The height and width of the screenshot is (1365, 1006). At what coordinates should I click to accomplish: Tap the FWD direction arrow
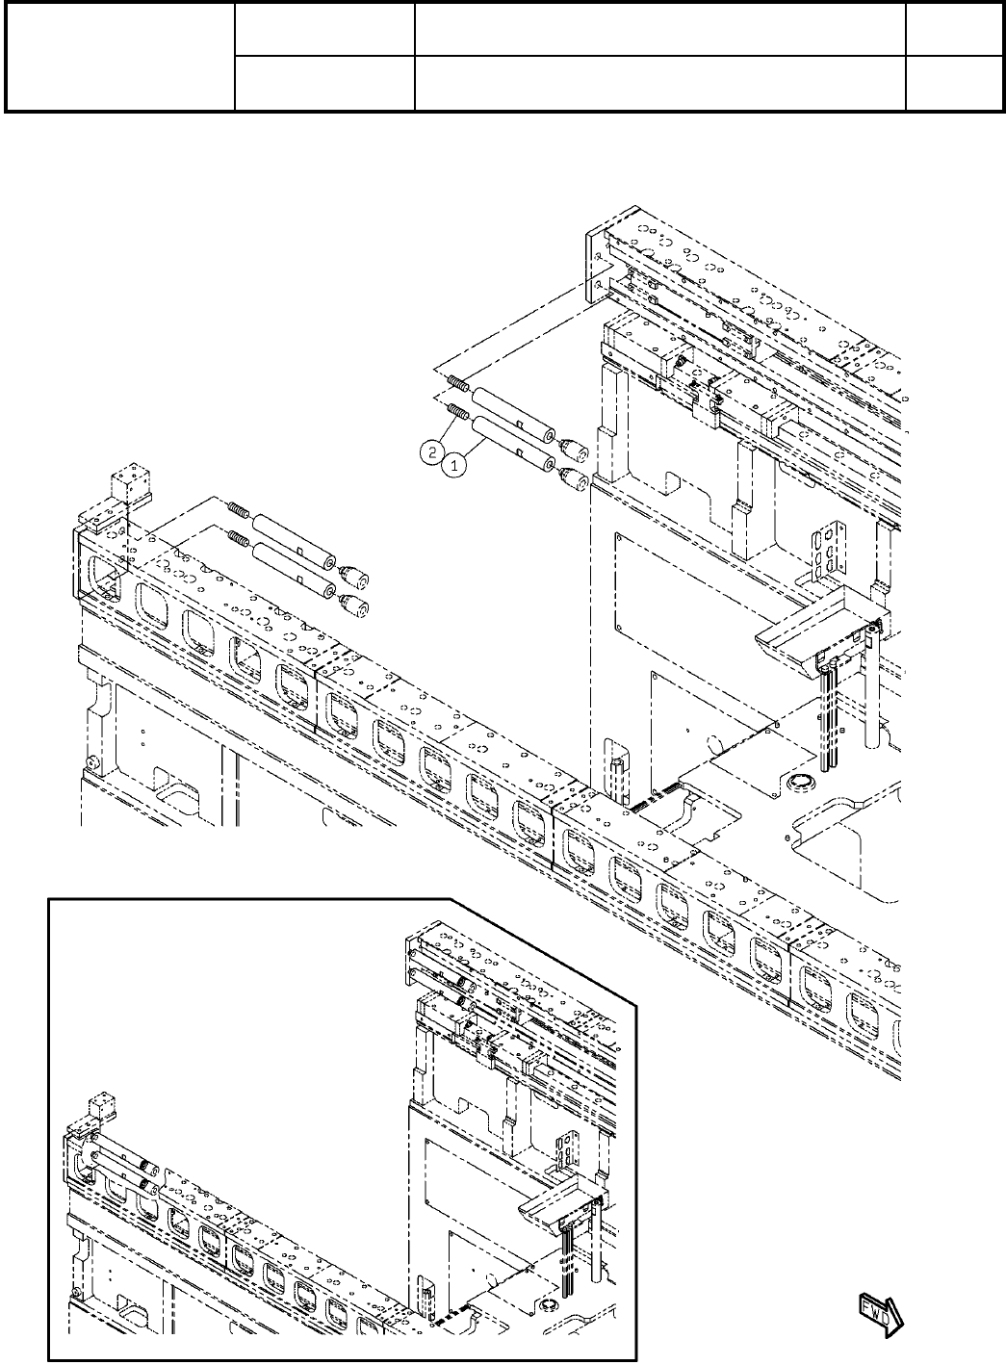(878, 1314)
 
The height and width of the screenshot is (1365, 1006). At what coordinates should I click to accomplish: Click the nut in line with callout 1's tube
(575, 477)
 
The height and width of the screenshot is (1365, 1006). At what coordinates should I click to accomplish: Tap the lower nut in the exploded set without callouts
(357, 605)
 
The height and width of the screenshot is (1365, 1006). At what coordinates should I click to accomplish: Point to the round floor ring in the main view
(798, 784)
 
